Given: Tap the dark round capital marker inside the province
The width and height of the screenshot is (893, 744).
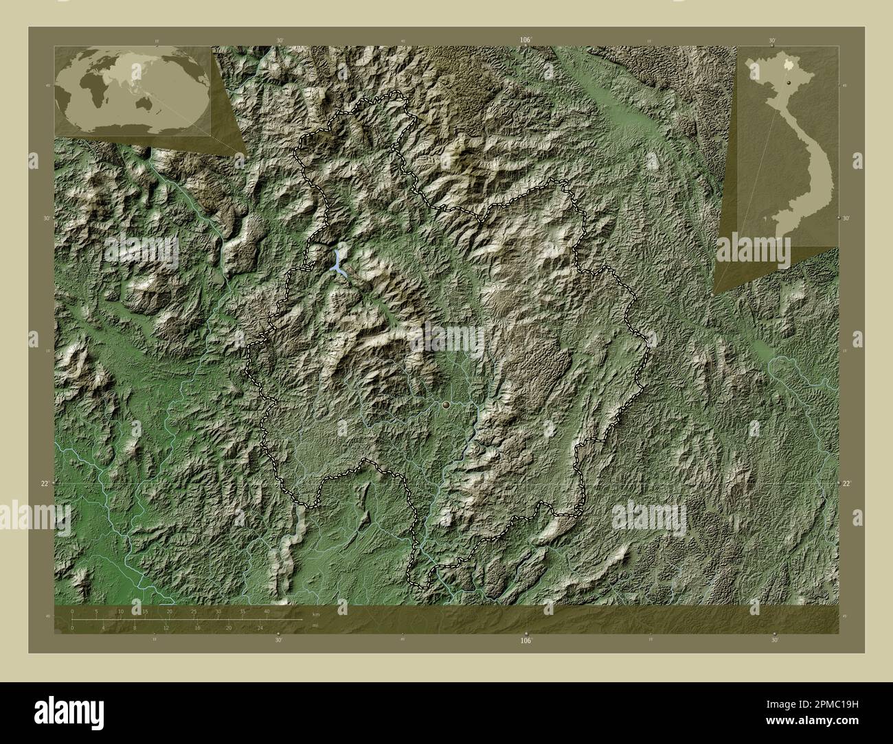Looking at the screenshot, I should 448,406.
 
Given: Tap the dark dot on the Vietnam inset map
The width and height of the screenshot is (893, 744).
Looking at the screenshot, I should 789,82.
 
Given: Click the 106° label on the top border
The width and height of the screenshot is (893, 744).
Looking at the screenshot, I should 526,40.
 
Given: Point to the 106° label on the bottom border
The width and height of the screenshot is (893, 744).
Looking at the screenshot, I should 526,641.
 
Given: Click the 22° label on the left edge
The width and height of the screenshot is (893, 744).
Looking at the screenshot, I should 44,483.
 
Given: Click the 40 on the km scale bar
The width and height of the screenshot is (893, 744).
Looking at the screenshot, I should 267,611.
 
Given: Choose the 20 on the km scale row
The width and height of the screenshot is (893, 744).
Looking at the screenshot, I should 169,611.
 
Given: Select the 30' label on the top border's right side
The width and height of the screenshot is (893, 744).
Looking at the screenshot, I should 773,40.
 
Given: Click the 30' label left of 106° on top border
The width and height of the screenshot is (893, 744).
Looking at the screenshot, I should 280,40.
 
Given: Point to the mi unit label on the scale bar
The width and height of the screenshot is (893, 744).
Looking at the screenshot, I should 314,625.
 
